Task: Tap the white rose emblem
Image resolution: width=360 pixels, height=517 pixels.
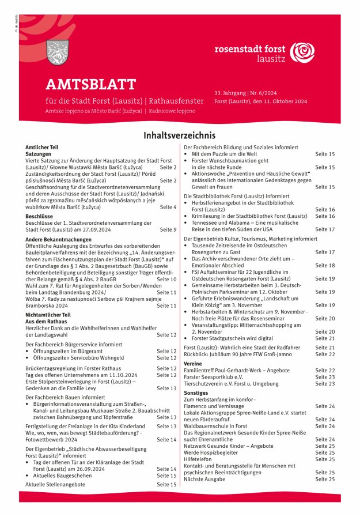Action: pyautogui.click(x=302, y=52)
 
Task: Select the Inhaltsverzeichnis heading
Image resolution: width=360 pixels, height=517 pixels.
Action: pyautogui.click(x=180, y=136)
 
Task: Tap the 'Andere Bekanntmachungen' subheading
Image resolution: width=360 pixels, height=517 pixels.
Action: pyautogui.click(x=59, y=239)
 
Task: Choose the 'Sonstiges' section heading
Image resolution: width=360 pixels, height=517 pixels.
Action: pyautogui.click(x=196, y=393)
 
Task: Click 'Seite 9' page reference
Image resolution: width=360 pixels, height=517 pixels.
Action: pyautogui.click(x=168, y=229)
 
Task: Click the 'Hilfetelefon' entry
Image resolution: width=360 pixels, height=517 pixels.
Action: pyautogui.click(x=199, y=459)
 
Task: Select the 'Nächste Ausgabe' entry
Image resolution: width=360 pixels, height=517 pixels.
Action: pyautogui.click(x=206, y=479)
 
